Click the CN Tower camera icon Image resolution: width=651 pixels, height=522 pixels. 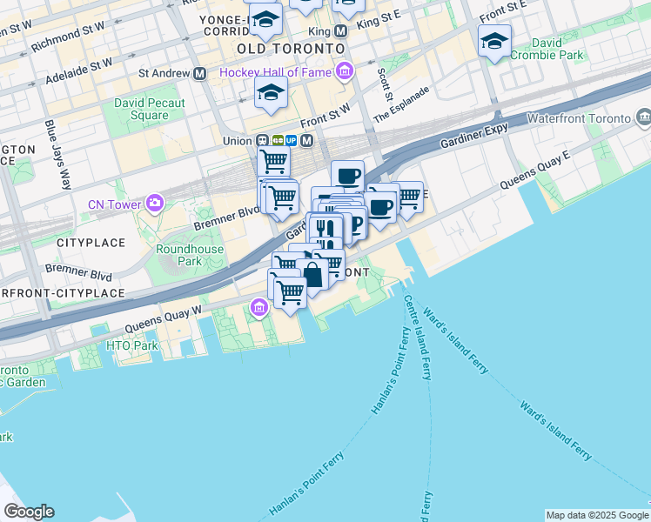pos(155,204)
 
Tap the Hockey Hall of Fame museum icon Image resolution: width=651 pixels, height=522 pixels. pos(346,70)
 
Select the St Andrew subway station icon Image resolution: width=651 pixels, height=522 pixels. pos(200,73)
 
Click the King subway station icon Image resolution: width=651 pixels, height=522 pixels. pos(340,30)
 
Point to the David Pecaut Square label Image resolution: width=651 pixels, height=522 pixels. pos(150,109)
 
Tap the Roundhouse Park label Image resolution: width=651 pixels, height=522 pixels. pos(190,255)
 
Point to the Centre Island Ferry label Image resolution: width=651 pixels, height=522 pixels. pos(418,337)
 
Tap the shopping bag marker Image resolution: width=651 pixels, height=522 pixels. pos(312,275)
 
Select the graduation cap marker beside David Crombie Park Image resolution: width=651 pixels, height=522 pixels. pos(494,41)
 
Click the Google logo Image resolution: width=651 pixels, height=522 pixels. pos(29,512)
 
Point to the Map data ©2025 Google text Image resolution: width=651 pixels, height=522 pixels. pos(596,515)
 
